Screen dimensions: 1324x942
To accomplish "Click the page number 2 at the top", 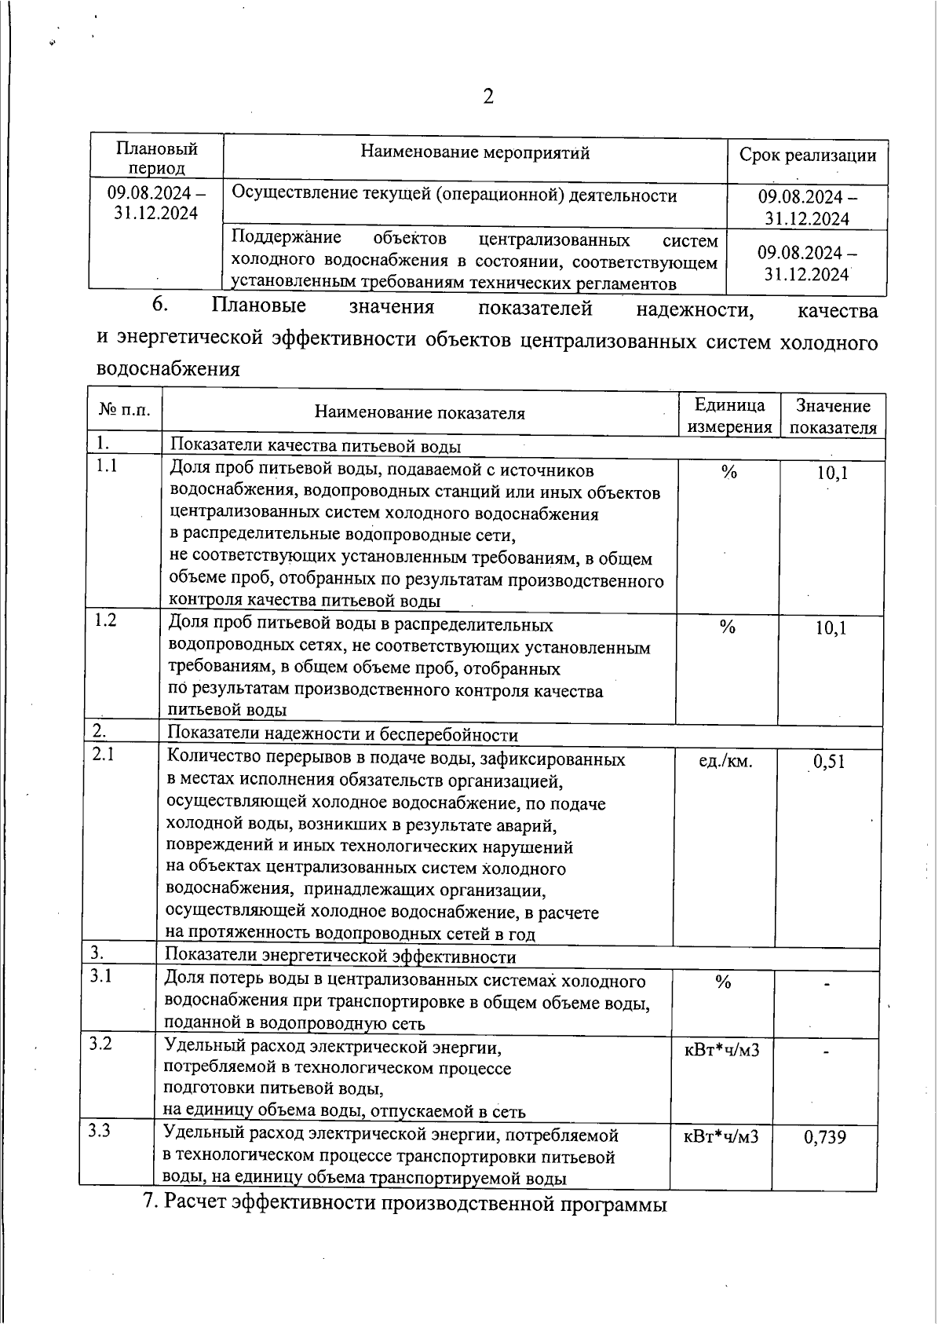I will [x=487, y=97].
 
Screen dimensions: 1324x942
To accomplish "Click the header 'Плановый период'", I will [x=157, y=158].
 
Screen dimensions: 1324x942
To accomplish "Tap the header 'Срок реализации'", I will [x=808, y=155].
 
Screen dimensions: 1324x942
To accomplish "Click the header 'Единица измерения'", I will [x=729, y=416].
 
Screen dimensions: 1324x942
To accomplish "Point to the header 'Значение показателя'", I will [x=832, y=416].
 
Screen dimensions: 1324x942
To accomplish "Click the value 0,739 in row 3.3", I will [x=824, y=1137].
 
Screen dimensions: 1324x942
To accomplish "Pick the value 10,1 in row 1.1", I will [x=832, y=473].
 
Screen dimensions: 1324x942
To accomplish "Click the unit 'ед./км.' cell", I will [x=725, y=760].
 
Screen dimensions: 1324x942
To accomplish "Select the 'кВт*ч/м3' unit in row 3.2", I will [x=722, y=1050].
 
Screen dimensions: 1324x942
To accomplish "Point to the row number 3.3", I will [x=99, y=1131].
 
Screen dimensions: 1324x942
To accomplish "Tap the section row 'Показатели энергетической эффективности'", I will [x=340, y=956].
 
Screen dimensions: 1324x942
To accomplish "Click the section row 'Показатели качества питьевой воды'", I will [x=315, y=446].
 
